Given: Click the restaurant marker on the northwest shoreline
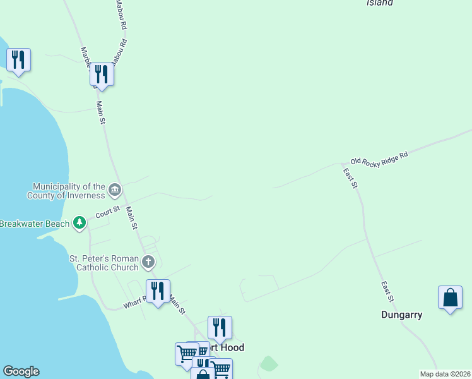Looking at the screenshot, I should tap(18, 61).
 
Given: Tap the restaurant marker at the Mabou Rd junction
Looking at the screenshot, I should tap(101, 75).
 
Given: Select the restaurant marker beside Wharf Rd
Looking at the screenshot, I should tap(158, 291).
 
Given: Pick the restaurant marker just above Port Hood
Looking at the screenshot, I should tap(220, 328).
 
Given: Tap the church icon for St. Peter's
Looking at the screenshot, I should tap(148, 262).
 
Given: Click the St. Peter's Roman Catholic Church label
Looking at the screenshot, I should tap(104, 263).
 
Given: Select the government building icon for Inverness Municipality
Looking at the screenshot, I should tap(115, 189).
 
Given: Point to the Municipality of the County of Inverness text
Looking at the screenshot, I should tap(69, 191).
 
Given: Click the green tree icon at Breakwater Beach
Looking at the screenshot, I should tap(80, 223).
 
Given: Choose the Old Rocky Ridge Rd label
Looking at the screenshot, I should tap(379, 158).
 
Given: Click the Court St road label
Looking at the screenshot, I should tap(107, 213).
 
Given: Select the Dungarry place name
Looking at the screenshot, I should tap(401, 314).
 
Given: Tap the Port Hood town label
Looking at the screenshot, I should tap(230, 347).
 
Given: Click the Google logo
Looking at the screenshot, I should tap(21, 371).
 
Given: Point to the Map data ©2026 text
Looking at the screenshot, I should tap(445, 374).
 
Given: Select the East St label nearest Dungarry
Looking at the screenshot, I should tap(387, 291).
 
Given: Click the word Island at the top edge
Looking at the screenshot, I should tap(380, 3).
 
